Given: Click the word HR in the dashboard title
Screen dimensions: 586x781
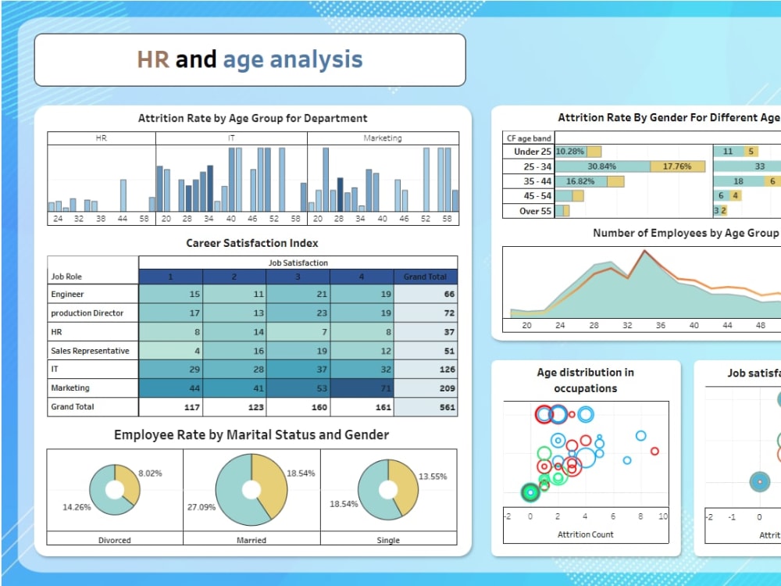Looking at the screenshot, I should tap(153, 59).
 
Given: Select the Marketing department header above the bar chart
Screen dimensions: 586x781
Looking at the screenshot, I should tap(383, 138).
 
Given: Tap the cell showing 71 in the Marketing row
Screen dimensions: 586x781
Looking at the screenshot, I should tap(362, 388).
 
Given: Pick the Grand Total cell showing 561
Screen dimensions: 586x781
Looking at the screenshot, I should tap(426, 407).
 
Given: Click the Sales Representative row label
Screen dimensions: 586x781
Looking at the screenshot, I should tap(90, 351).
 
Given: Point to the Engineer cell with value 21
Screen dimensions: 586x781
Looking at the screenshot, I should tap(298, 295).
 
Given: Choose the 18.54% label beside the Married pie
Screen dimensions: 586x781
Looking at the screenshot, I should tap(301, 473).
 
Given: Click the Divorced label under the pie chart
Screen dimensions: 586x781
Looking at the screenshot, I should tap(115, 540).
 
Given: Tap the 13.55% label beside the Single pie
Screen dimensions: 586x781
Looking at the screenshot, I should tap(433, 477).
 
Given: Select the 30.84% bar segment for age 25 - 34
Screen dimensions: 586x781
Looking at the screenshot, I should tap(602, 166).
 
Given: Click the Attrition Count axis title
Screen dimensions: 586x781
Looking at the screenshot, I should tap(585, 534).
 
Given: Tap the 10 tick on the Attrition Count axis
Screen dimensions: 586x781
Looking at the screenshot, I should tap(662, 516).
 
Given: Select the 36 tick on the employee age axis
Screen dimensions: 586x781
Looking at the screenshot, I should tap(661, 326).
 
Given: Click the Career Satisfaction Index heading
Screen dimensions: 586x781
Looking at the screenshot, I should tap(252, 243).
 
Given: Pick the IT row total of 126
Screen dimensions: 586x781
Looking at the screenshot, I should tap(426, 370).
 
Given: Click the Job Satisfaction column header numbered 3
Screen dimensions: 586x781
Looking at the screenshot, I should tap(298, 277).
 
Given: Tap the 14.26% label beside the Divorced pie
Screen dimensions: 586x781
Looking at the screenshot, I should tap(77, 507).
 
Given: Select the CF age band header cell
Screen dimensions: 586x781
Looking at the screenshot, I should tap(529, 138).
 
